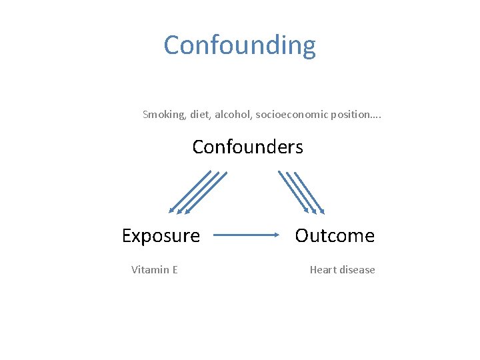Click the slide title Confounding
click(240, 45)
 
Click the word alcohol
click(233, 114)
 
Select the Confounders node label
click(247, 147)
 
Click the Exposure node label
click(161, 235)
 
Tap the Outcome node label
click(335, 235)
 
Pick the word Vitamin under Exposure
click(150, 269)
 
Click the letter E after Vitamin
click(175, 269)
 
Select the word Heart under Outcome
click(323, 269)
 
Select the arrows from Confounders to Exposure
click(197, 192)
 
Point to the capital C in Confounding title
click(173, 45)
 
